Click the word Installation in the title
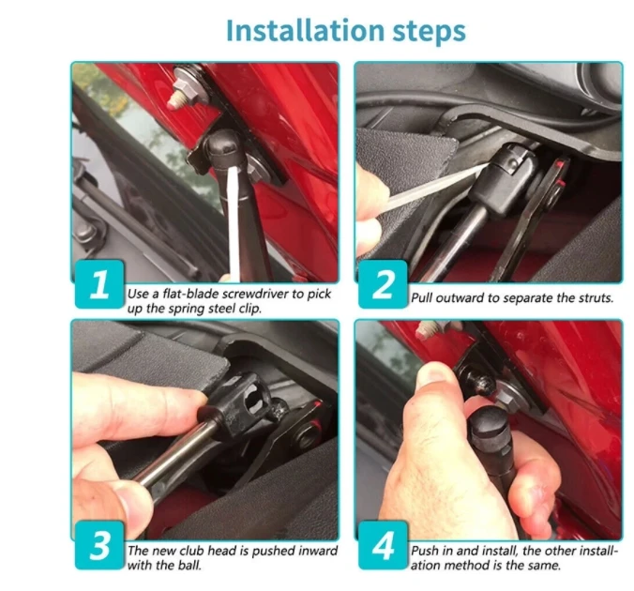coord(305,31)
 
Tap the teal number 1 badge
coord(99,284)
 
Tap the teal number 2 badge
coord(383,284)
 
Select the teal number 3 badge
coord(99,545)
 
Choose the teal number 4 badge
coord(383,545)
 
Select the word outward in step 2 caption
coord(460,297)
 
